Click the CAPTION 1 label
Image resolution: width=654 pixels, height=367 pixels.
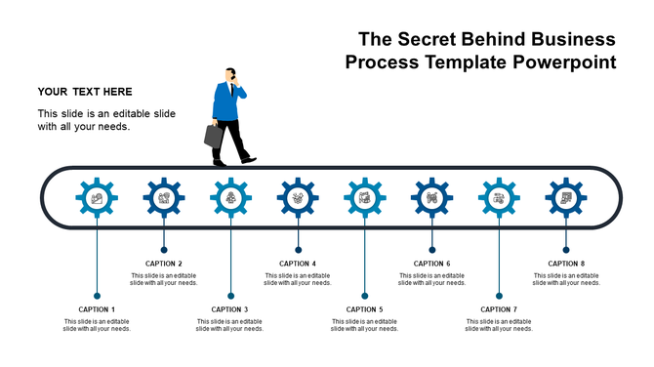(x=97, y=309)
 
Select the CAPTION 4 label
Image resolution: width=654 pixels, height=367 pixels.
(x=298, y=264)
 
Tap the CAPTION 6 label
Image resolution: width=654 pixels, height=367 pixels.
(x=431, y=264)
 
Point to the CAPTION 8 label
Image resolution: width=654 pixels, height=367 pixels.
(x=566, y=264)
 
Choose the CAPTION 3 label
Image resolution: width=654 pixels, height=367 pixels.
(x=230, y=309)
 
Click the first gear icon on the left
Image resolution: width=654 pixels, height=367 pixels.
(x=97, y=198)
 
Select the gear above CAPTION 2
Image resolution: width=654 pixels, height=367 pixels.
(x=164, y=198)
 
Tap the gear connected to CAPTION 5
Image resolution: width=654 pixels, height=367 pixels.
(x=365, y=198)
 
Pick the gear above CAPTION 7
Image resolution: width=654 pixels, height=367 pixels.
(x=499, y=198)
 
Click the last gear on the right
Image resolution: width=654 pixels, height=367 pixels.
(x=566, y=198)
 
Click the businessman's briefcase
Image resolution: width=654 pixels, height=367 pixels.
(x=214, y=136)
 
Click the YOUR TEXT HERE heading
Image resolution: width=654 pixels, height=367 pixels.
(x=85, y=92)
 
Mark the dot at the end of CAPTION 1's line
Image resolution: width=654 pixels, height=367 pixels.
(x=97, y=295)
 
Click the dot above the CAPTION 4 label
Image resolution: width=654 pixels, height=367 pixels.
(x=298, y=249)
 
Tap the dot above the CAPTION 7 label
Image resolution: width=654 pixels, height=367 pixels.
(x=499, y=295)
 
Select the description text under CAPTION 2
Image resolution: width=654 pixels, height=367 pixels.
(x=164, y=279)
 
